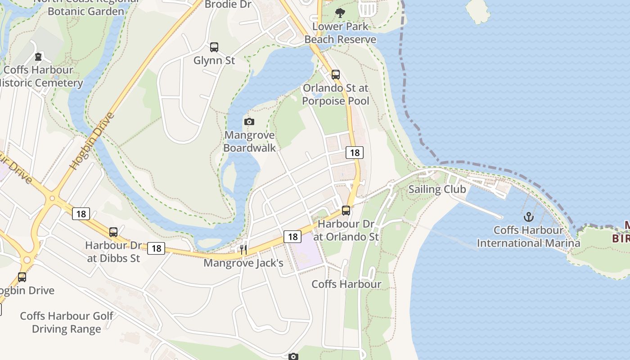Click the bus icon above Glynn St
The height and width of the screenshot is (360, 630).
(214, 47)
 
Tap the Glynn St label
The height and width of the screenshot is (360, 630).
(214, 60)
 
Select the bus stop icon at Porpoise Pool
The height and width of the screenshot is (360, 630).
(335, 74)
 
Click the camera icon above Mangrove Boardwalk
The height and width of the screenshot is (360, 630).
(249, 121)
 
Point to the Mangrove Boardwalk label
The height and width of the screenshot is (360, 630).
(249, 141)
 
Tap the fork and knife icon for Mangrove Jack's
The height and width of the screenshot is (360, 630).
(243, 249)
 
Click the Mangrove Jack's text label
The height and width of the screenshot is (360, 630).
(243, 263)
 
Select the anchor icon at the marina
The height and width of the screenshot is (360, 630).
(528, 217)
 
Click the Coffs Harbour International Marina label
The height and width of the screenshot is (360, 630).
(528, 237)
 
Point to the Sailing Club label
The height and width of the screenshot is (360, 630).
(437, 189)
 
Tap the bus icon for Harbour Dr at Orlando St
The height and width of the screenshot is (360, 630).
(346, 210)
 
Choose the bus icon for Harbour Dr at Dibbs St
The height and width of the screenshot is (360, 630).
(113, 232)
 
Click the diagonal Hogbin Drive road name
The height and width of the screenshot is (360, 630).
(92, 141)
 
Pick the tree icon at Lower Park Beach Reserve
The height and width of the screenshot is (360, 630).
(340, 13)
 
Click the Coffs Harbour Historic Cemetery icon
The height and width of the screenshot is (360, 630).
(39, 57)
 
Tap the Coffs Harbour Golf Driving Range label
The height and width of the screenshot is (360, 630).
(67, 322)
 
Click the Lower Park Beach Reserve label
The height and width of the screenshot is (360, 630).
(340, 33)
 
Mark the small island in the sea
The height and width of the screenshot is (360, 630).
(478, 9)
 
